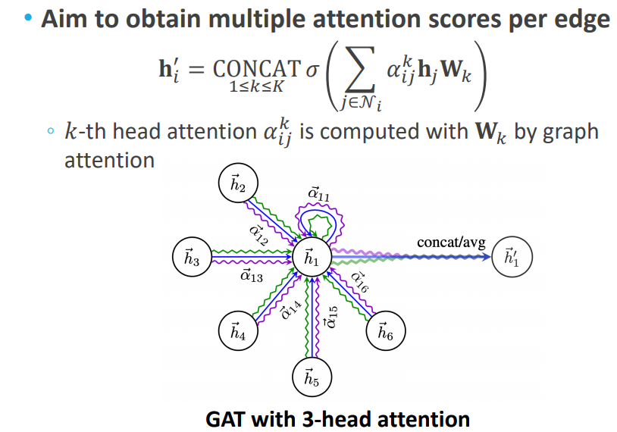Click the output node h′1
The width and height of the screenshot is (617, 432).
(x=513, y=258)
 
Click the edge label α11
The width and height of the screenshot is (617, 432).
(x=318, y=195)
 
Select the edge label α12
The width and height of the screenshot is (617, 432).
(x=258, y=235)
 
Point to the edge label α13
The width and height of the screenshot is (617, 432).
(x=251, y=277)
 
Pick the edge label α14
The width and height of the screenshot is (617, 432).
(x=290, y=309)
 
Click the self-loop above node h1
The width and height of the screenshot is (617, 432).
(x=313, y=220)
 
